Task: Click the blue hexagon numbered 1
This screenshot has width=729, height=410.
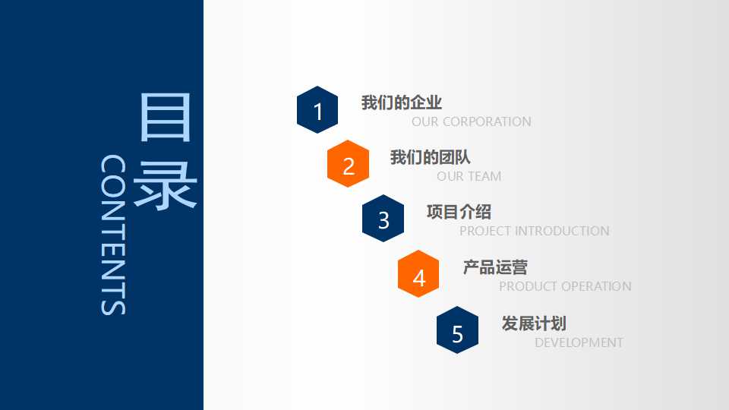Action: (x=317, y=110)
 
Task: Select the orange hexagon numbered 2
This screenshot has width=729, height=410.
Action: (x=349, y=164)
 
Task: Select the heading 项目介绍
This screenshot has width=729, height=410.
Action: (x=459, y=213)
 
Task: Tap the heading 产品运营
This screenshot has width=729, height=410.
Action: (x=495, y=267)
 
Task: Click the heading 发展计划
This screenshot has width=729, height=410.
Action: (x=534, y=323)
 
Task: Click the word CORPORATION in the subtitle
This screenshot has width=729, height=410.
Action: (x=487, y=121)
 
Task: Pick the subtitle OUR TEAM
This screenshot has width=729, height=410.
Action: (x=469, y=176)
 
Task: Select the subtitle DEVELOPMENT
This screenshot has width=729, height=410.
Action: (x=579, y=342)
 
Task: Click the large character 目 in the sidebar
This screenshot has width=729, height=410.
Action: (x=165, y=118)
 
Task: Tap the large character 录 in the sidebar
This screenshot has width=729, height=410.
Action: (x=165, y=184)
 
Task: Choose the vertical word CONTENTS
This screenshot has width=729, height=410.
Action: (x=113, y=235)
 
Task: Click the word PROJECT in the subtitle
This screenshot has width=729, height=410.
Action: (x=485, y=231)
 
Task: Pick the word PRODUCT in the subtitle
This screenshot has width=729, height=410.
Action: (x=527, y=286)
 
